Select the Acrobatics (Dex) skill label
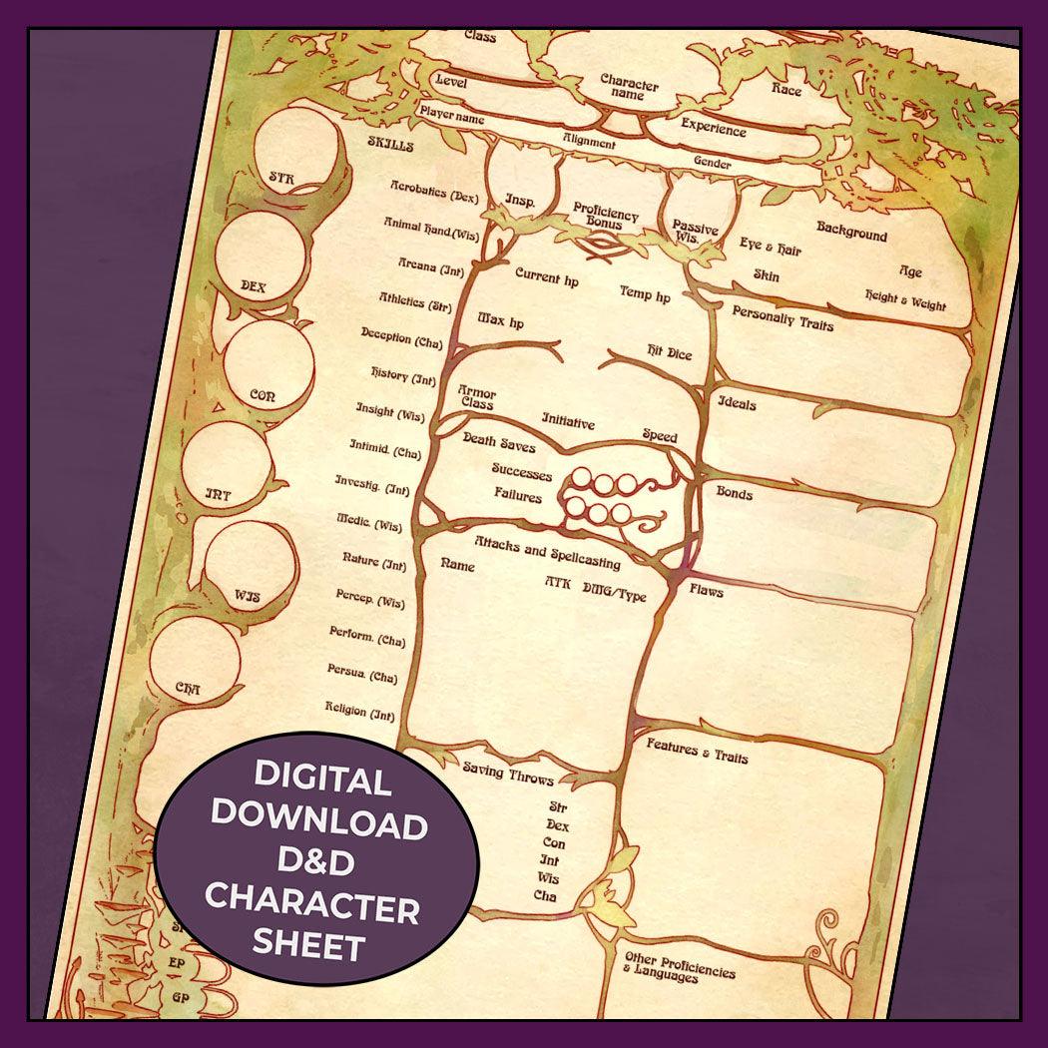click(435, 192)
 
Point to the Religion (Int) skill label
click(360, 711)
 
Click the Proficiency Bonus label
click(606, 216)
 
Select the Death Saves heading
click(499, 442)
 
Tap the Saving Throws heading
click(507, 775)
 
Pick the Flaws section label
click(707, 591)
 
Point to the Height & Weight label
click(905, 300)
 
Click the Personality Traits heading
click(783, 317)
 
